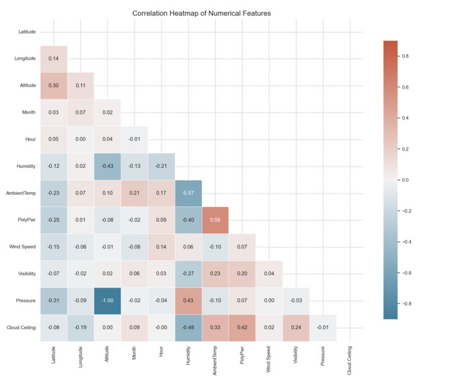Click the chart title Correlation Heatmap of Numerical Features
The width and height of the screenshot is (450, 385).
point(202,13)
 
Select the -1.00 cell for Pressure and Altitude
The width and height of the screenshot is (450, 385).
point(108,301)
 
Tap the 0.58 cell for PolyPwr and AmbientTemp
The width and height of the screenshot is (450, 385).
point(215,220)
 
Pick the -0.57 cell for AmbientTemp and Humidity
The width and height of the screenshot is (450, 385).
point(188,194)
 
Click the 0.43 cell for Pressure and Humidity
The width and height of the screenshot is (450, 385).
point(188,301)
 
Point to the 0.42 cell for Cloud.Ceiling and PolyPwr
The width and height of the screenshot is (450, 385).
point(242,328)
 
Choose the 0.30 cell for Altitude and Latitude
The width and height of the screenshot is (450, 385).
point(54,86)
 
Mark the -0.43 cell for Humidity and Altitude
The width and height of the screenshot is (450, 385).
point(108,167)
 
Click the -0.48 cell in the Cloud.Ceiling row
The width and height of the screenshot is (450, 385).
point(188,328)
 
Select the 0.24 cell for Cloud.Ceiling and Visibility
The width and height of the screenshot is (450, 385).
point(296,328)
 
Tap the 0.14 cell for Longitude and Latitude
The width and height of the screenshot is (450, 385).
point(54,59)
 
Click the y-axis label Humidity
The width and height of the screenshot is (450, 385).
point(26,167)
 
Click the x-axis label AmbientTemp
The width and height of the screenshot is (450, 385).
point(215,359)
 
